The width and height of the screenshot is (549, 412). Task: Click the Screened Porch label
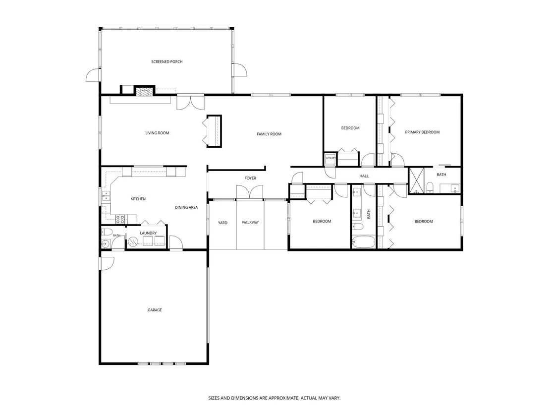click(x=166, y=61)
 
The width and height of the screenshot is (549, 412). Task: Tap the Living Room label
click(x=157, y=133)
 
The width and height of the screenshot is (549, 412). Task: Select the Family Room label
click(x=269, y=134)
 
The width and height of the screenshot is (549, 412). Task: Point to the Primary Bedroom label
click(x=422, y=132)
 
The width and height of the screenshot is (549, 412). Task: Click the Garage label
click(x=155, y=310)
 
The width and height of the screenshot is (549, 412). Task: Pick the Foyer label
click(x=250, y=178)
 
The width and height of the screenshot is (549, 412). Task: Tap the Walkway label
click(x=250, y=223)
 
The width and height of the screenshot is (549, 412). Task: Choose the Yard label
click(x=222, y=223)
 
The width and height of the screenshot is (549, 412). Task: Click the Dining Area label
click(x=186, y=207)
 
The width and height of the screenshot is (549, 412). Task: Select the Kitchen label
click(x=138, y=199)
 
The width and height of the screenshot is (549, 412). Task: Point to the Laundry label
click(x=148, y=234)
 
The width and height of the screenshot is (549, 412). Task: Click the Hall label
click(x=364, y=176)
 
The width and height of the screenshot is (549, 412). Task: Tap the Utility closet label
click(x=330, y=158)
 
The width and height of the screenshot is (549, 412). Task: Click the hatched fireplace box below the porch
click(x=145, y=92)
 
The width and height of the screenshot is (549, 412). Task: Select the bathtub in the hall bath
click(x=363, y=242)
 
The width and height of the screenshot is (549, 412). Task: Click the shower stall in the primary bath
click(x=417, y=181)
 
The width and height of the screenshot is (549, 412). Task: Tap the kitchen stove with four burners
click(x=120, y=219)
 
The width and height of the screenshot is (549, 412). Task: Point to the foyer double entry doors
click(x=249, y=192)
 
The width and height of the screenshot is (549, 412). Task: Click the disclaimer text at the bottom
click(x=274, y=398)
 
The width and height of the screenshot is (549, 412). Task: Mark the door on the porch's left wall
click(x=93, y=75)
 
